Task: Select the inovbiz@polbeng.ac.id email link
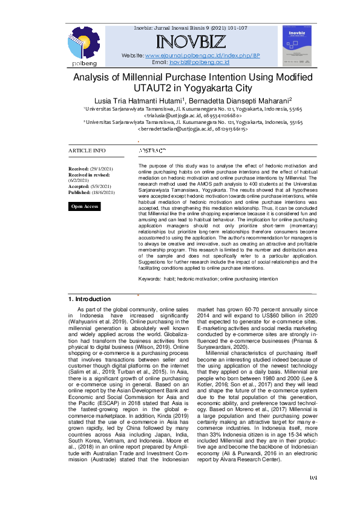click(199, 62)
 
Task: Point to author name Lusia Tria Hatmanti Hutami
click(137, 100)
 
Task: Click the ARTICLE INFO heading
click(87, 151)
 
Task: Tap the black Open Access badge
click(85, 207)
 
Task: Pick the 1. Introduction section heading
click(89, 299)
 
